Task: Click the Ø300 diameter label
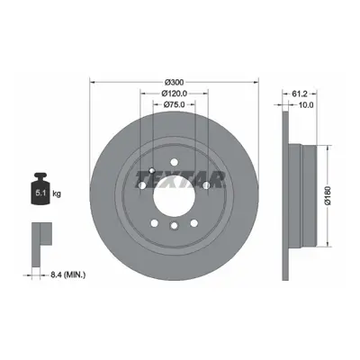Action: click(x=175, y=82)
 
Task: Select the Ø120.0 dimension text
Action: click(x=175, y=94)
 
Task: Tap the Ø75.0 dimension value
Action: click(x=174, y=104)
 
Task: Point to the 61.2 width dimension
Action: click(x=300, y=94)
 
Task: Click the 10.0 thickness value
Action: click(x=307, y=104)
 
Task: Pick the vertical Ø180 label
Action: click(x=329, y=195)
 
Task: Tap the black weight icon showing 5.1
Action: click(x=40, y=189)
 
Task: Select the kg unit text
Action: click(x=57, y=193)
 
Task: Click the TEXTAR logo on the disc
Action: click(x=180, y=179)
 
